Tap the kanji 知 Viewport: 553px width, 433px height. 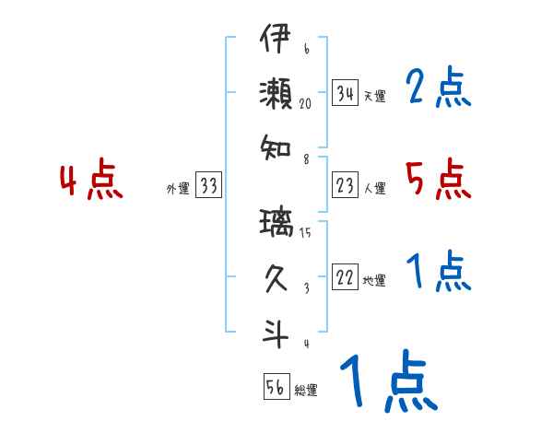click(x=276, y=145)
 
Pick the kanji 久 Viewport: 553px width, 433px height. click(x=276, y=278)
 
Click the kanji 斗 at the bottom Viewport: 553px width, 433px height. click(x=276, y=331)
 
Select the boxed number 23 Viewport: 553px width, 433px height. click(x=346, y=186)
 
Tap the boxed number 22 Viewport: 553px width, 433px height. click(x=346, y=278)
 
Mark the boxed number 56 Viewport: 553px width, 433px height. click(x=275, y=387)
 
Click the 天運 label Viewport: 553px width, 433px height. click(x=374, y=95)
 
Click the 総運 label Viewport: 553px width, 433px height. click(x=306, y=390)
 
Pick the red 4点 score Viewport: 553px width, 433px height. click(x=90, y=181)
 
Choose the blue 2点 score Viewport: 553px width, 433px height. click(x=438, y=88)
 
